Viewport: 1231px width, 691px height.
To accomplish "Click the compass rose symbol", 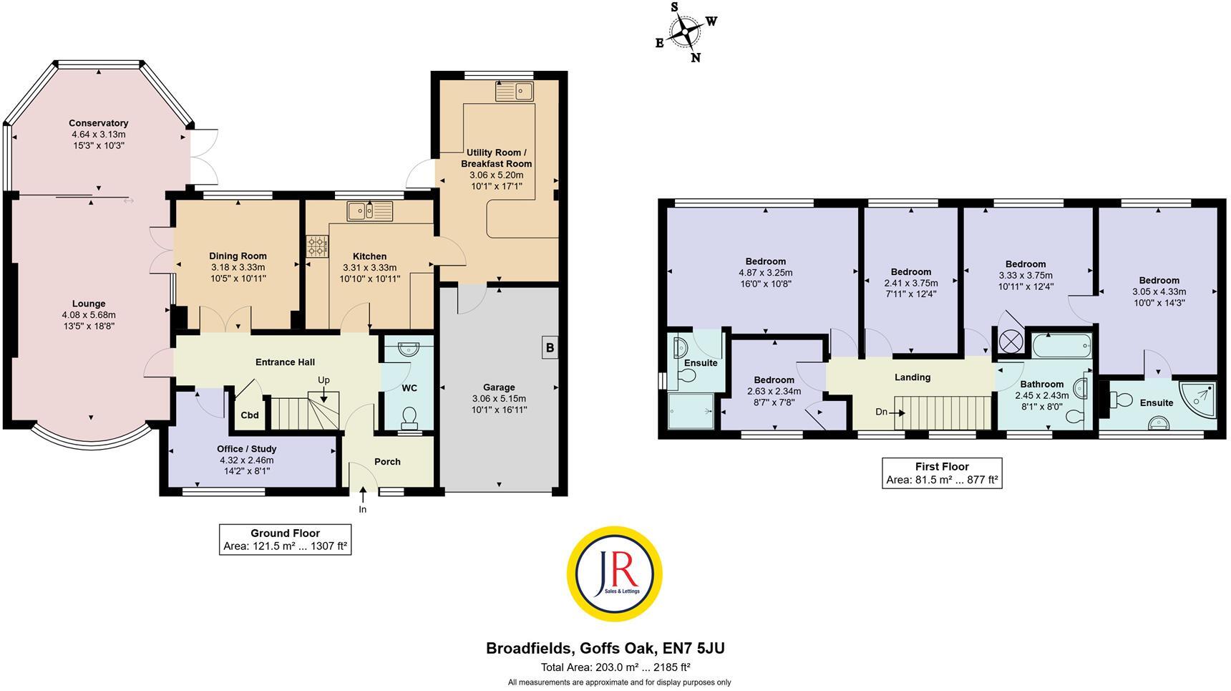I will pos(686,32).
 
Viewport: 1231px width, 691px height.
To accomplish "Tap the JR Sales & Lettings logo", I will pos(614,573).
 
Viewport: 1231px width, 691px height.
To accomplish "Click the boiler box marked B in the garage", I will pos(550,349).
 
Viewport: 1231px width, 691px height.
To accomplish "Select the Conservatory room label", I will pos(99,123).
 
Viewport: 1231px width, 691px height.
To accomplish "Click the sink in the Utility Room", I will pos(514,92).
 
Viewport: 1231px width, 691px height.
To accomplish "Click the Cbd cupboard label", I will pos(249,415).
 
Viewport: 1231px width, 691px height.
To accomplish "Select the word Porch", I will pos(387,462).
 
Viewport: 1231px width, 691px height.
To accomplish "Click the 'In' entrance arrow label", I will pos(363,509).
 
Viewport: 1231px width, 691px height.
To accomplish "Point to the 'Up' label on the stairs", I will pos(324,380).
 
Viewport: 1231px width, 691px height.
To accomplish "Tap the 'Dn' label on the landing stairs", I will pos(882,412).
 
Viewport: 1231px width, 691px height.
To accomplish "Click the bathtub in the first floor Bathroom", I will pos(1062,347).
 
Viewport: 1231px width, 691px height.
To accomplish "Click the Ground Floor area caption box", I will pos(285,540).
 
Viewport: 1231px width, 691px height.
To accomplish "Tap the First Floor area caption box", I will pos(941,473).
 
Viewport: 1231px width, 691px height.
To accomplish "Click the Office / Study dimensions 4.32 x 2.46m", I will pos(246,460).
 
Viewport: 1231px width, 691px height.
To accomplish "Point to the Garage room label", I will pos(499,387).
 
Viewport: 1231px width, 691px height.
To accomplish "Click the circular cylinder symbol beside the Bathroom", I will pos(1009,341).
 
